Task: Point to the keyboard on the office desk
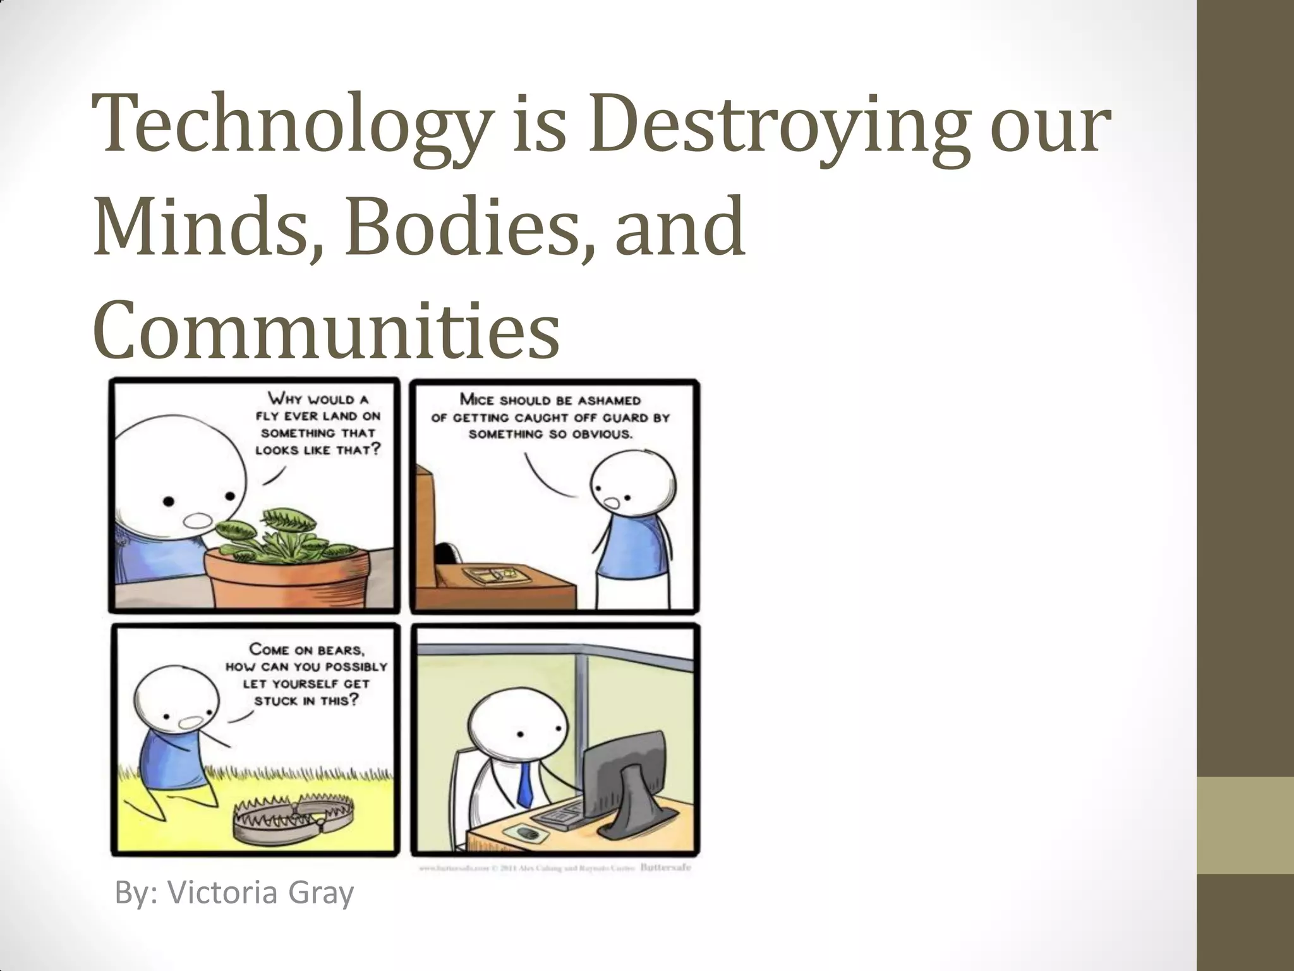560,815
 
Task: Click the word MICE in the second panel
478,400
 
